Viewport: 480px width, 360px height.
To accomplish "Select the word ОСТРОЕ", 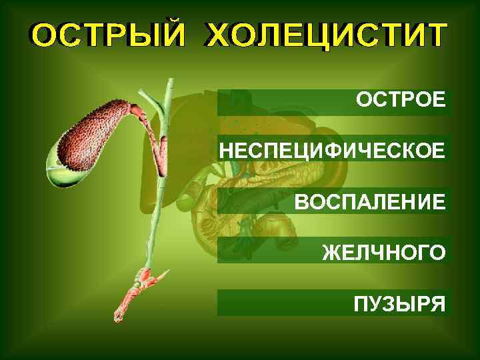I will [x=400, y=101].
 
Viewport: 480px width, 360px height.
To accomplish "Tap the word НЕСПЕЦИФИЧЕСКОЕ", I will [x=331, y=150].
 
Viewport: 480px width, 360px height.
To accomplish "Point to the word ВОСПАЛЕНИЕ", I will [x=370, y=201].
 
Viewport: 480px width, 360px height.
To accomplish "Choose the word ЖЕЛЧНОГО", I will [x=383, y=253].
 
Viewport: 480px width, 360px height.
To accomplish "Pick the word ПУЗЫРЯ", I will [x=399, y=305].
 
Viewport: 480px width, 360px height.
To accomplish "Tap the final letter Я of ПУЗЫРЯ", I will [x=436, y=305].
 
